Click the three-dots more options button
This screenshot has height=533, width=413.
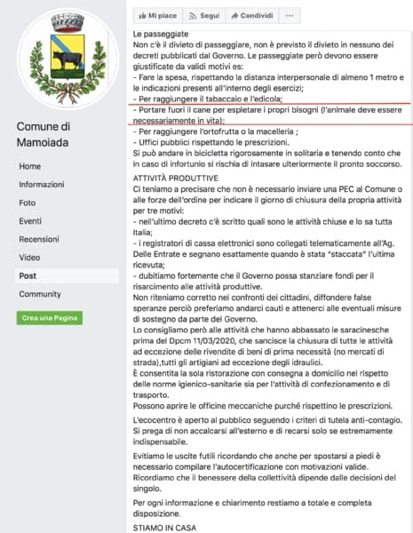pos(290,16)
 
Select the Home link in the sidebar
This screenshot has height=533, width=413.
pos(29,166)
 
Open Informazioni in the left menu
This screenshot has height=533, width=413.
pos(41,184)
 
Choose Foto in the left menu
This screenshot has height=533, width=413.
pos(28,202)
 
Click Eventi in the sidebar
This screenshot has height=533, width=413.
pos(30,220)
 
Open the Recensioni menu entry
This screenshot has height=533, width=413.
pos(38,239)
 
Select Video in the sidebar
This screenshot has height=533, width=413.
pos(29,257)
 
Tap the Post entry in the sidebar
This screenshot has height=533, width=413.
pos(28,275)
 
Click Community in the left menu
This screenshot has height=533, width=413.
pos(40,294)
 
